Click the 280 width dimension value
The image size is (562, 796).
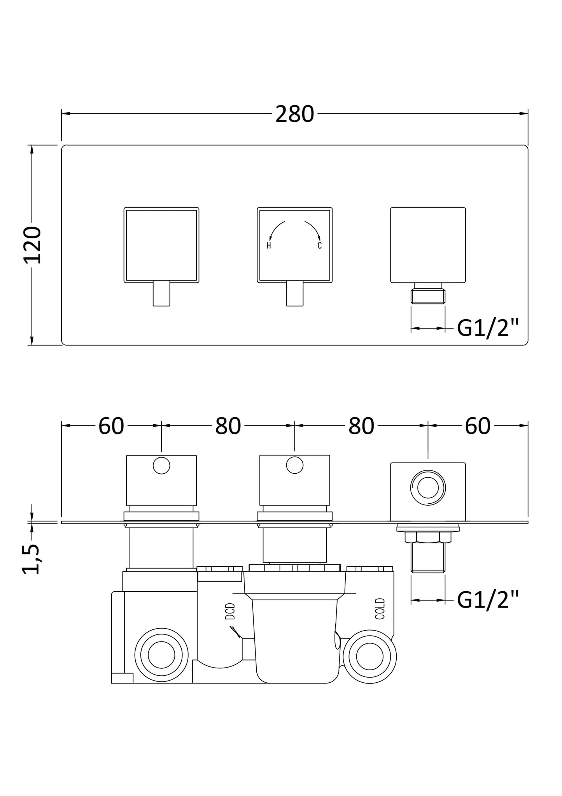point(294,114)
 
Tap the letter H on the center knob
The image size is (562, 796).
point(269,245)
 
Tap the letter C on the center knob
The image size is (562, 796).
point(320,245)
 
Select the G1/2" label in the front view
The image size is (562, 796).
point(488,329)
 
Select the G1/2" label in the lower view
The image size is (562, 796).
point(488,600)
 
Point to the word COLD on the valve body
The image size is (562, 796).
point(380,609)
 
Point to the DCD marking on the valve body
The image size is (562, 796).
point(230,611)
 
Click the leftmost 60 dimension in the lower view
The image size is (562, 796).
point(111,426)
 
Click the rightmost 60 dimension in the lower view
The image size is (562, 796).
point(477,426)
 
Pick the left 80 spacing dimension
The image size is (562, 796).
point(228,426)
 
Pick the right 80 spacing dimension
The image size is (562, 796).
point(361,426)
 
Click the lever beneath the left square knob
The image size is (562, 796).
point(161,294)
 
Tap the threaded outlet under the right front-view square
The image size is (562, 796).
point(428,296)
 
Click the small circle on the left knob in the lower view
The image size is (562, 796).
point(161,466)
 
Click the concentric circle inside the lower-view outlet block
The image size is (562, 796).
point(428,488)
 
